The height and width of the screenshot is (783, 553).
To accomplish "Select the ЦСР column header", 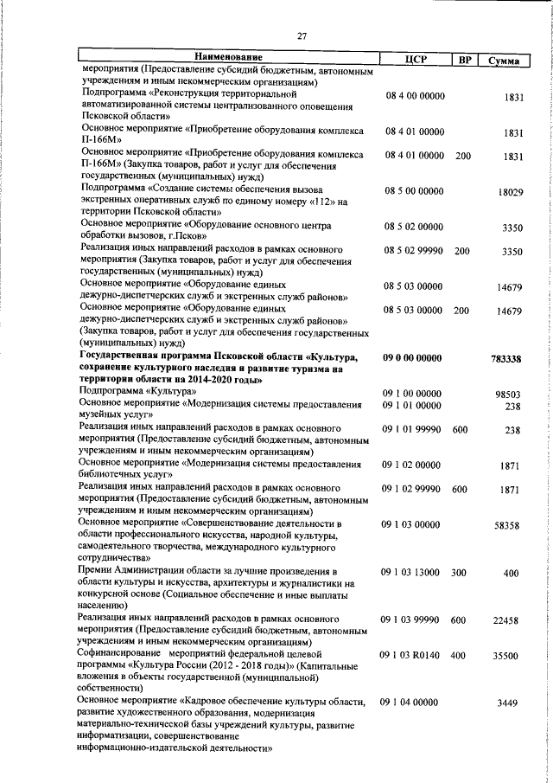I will pos(416,59).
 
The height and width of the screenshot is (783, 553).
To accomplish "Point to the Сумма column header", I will pos(503,60).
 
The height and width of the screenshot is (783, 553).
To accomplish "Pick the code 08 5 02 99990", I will pos(415,251).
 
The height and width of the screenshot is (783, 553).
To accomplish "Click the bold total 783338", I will pos(507,359).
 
